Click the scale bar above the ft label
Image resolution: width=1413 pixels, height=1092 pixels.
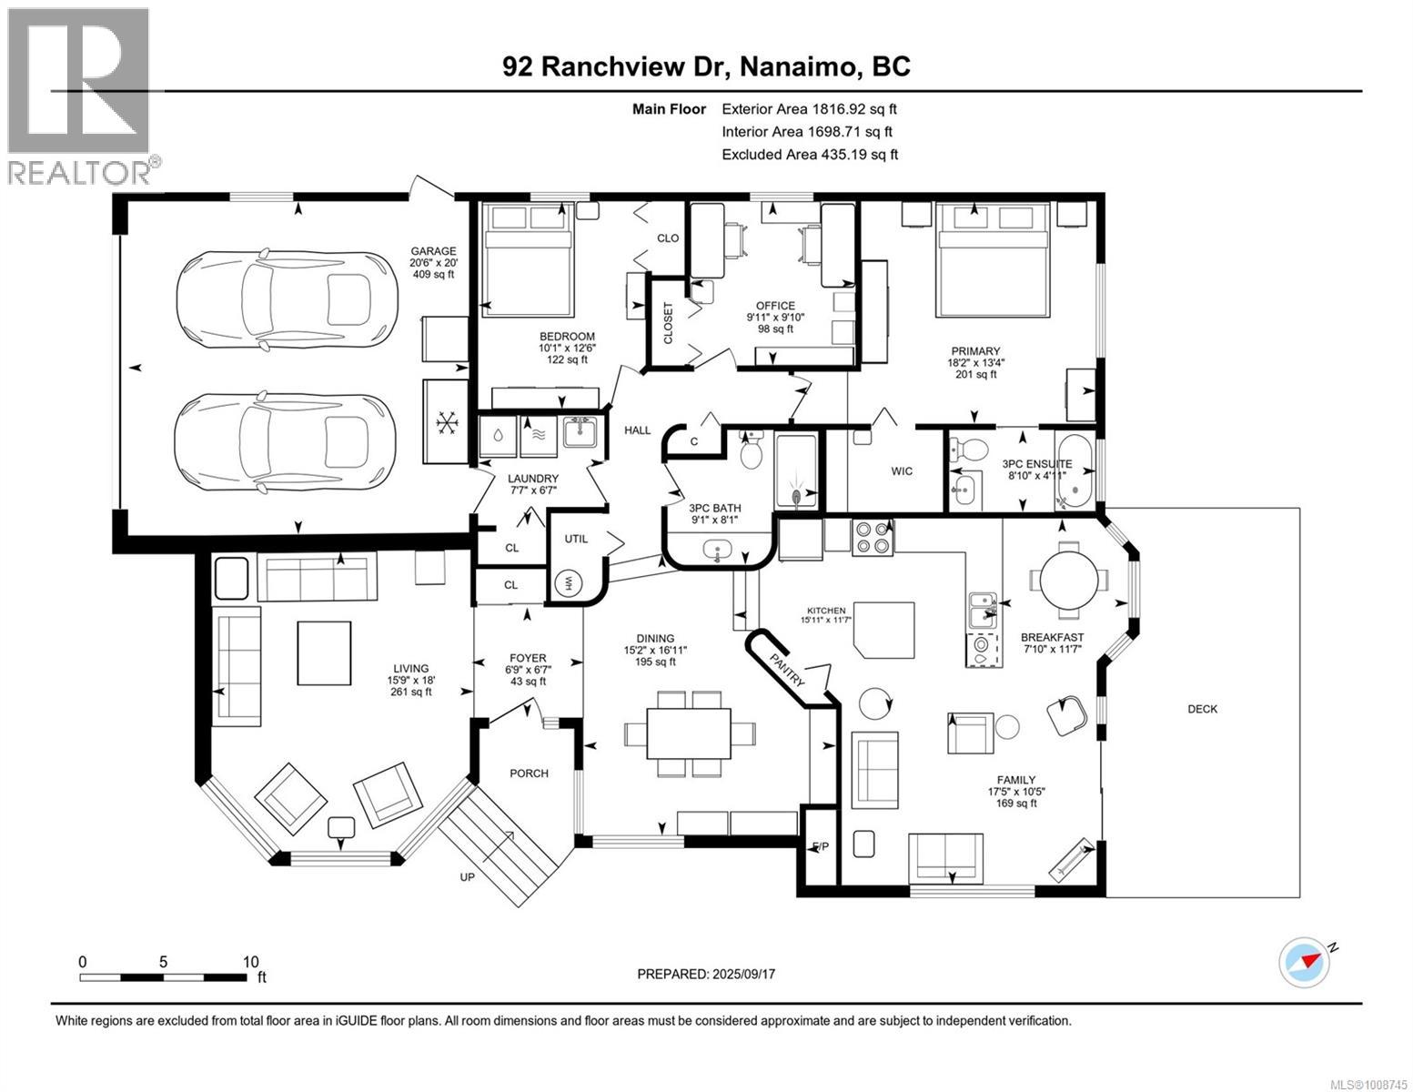164,977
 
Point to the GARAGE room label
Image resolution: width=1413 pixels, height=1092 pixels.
433,252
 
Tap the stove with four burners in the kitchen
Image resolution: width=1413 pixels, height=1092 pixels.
872,537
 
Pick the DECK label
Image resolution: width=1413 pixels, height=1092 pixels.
1202,709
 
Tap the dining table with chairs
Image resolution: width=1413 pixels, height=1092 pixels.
689,733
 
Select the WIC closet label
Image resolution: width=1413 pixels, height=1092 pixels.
901,471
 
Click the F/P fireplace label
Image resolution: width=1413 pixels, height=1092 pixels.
820,847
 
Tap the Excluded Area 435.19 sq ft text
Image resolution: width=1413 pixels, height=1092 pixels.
809,155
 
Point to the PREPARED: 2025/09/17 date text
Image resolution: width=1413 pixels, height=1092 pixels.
706,974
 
